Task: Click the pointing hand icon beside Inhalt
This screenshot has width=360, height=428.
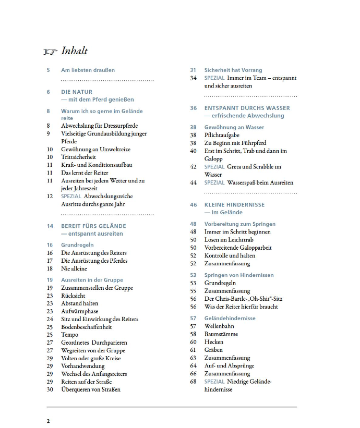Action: [x=51, y=52]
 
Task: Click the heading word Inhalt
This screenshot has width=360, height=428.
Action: [x=75, y=51]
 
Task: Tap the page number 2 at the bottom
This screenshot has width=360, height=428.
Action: [x=49, y=421]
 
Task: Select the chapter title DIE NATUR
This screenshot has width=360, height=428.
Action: [x=77, y=92]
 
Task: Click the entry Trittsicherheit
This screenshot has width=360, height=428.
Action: [x=78, y=157]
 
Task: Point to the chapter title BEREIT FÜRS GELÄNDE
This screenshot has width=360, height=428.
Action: [x=93, y=226]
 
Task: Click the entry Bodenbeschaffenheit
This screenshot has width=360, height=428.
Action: [x=87, y=327]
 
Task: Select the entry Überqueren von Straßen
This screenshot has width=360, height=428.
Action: [x=91, y=389]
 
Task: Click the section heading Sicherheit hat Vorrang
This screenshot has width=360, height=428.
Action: [x=233, y=70]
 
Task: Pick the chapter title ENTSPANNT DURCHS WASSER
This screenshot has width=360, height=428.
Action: [x=247, y=108]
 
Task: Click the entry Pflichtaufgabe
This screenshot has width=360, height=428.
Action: [x=222, y=135]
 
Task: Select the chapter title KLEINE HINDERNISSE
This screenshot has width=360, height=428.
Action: [x=234, y=205]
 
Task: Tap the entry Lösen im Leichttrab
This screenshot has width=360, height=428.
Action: [x=231, y=240]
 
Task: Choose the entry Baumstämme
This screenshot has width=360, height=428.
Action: [x=221, y=334]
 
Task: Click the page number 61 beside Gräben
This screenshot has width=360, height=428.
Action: [x=193, y=350]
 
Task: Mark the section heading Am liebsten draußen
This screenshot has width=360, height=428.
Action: [x=88, y=70]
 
